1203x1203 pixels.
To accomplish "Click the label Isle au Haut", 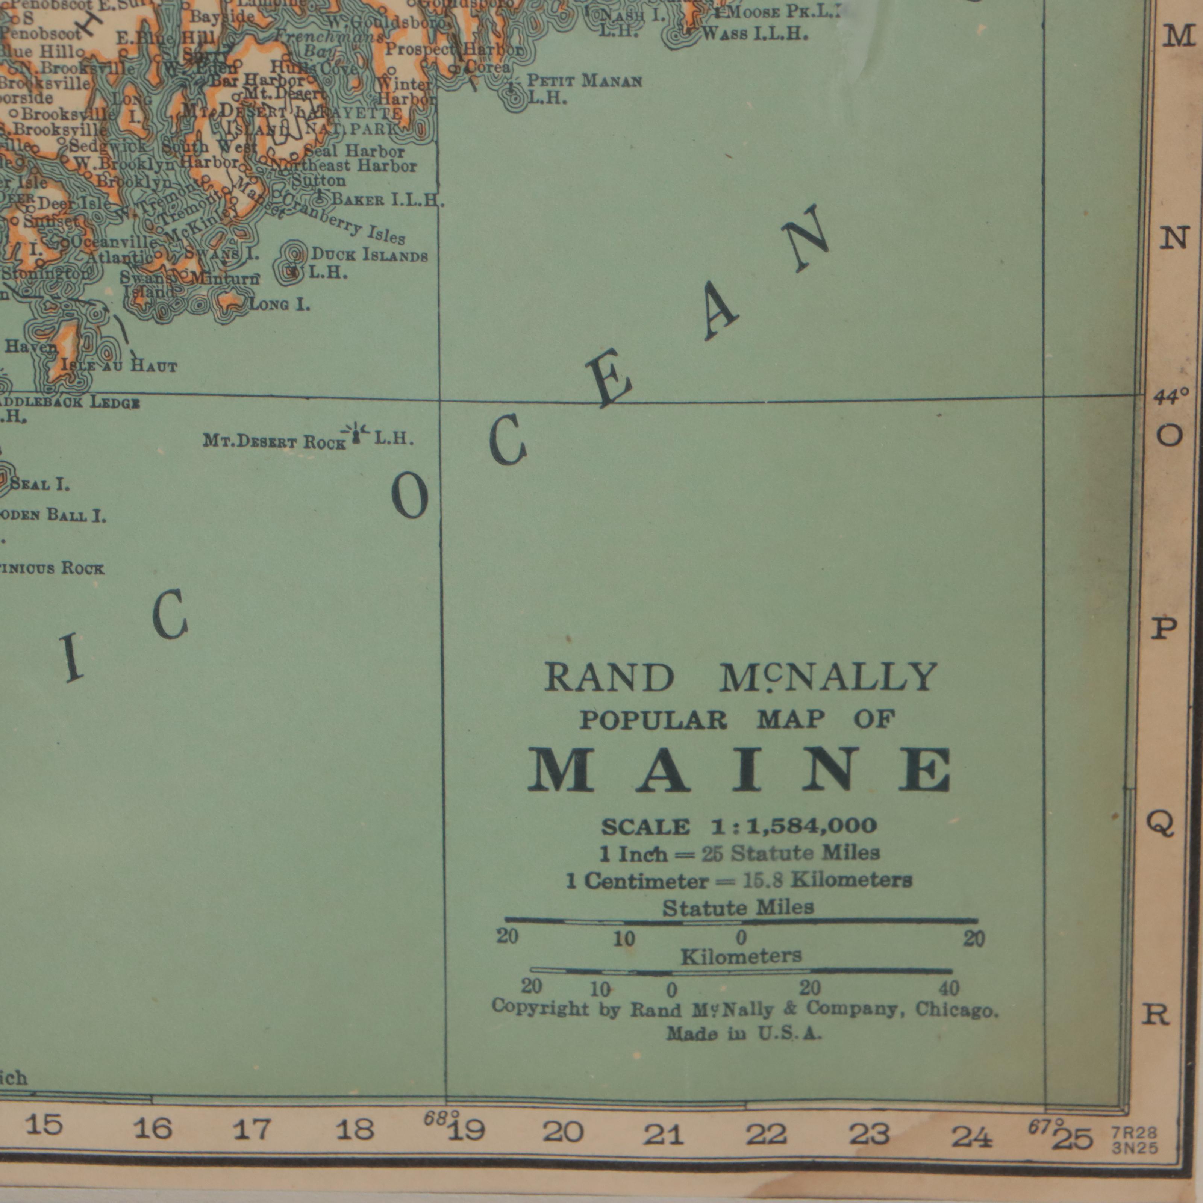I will (x=118, y=366).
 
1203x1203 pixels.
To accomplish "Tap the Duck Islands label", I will (x=369, y=255).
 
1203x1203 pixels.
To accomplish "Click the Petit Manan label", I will (x=584, y=81).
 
